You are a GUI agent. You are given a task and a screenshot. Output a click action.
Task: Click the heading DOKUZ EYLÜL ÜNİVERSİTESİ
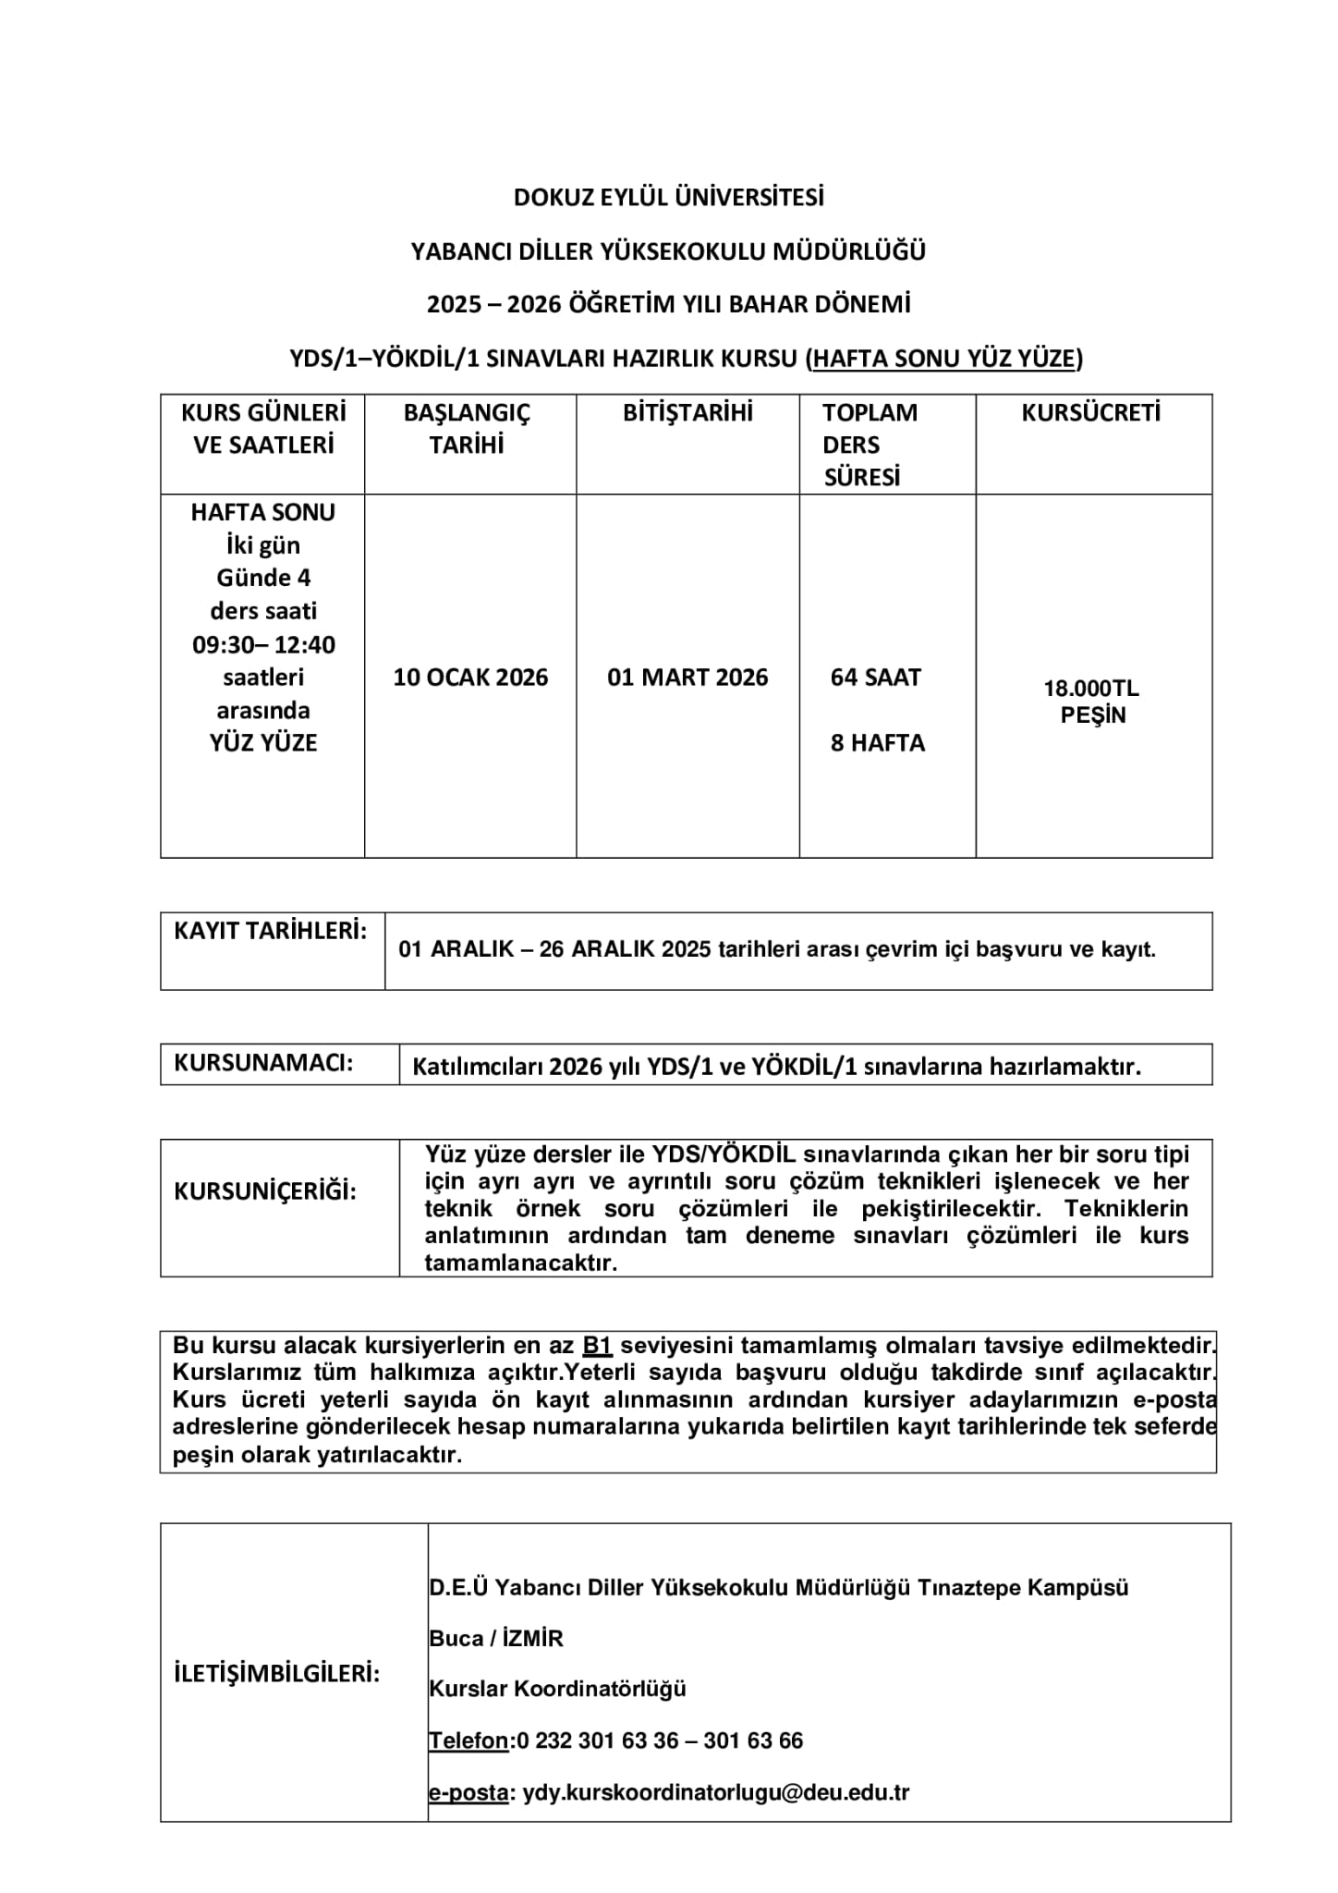pyautogui.click(x=668, y=198)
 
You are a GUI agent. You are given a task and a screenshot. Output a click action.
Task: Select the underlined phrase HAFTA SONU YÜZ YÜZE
pyautogui.click(x=944, y=359)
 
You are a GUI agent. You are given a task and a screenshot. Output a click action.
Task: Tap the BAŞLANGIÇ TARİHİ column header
pyautogui.click(x=467, y=429)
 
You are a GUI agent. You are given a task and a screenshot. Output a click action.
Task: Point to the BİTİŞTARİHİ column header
pyautogui.click(x=687, y=413)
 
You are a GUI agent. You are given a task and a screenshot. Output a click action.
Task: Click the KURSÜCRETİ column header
pyautogui.click(x=1090, y=413)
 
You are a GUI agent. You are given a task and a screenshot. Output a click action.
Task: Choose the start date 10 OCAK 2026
pyautogui.click(x=470, y=678)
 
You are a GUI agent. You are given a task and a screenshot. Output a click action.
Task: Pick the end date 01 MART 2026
pyautogui.click(x=687, y=678)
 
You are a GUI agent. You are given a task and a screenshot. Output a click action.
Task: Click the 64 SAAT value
pyautogui.click(x=875, y=678)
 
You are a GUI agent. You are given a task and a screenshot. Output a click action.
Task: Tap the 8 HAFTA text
pyautogui.click(x=877, y=743)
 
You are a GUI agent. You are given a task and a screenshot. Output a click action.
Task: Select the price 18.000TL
pyautogui.click(x=1091, y=689)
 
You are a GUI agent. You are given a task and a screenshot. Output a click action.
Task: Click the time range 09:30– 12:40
pyautogui.click(x=263, y=644)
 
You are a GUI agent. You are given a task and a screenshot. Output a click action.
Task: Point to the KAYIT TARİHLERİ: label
pyautogui.click(x=270, y=931)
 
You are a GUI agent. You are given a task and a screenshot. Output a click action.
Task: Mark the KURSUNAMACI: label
pyautogui.click(x=263, y=1063)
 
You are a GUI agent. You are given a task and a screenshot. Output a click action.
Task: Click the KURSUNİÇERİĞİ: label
pyautogui.click(x=265, y=1191)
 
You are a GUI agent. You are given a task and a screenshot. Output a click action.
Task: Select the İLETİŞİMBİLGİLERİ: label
pyautogui.click(x=277, y=1674)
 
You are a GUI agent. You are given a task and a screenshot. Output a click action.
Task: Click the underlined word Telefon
pyautogui.click(x=468, y=1740)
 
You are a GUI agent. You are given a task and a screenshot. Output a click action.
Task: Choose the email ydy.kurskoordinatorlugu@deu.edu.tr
pyautogui.click(x=716, y=1792)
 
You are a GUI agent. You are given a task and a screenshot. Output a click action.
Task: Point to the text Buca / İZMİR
pyautogui.click(x=496, y=1639)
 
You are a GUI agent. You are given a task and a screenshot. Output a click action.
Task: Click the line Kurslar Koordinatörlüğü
pyautogui.click(x=557, y=1689)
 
